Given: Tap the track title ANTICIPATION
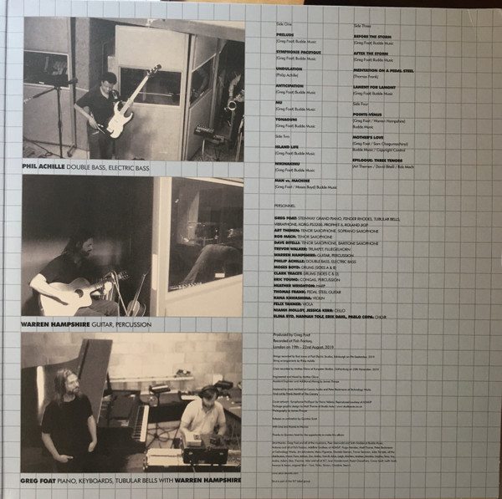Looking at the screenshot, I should click(292, 87).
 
